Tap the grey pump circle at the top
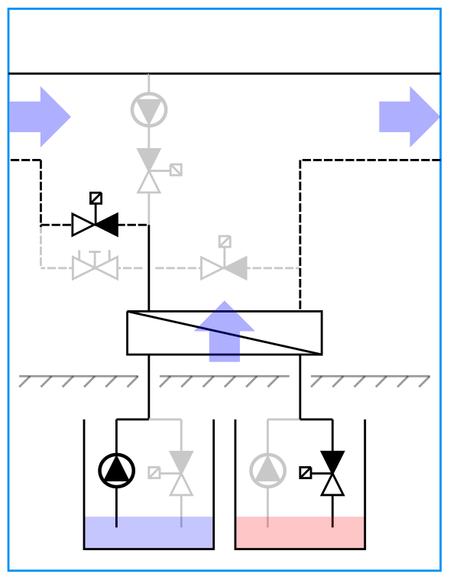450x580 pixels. coord(149,110)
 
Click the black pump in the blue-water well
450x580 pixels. coord(117,471)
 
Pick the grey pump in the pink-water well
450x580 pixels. coord(268,471)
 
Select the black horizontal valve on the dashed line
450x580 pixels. coord(95,225)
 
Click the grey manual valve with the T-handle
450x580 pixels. coord(95,267)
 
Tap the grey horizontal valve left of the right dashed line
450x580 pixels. coord(224,268)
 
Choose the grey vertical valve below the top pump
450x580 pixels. coord(149,171)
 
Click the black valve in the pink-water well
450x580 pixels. coord(332,473)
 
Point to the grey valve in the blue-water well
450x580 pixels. coord(181,473)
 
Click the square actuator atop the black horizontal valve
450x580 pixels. coord(96,198)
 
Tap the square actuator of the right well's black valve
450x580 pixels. coord(306,472)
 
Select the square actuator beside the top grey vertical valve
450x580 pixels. coord(176,170)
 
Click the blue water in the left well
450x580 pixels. coord(149,533)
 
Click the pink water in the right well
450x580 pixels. coord(300,533)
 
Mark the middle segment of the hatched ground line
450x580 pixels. coord(224,381)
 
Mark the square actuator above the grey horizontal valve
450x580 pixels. coord(225,241)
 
